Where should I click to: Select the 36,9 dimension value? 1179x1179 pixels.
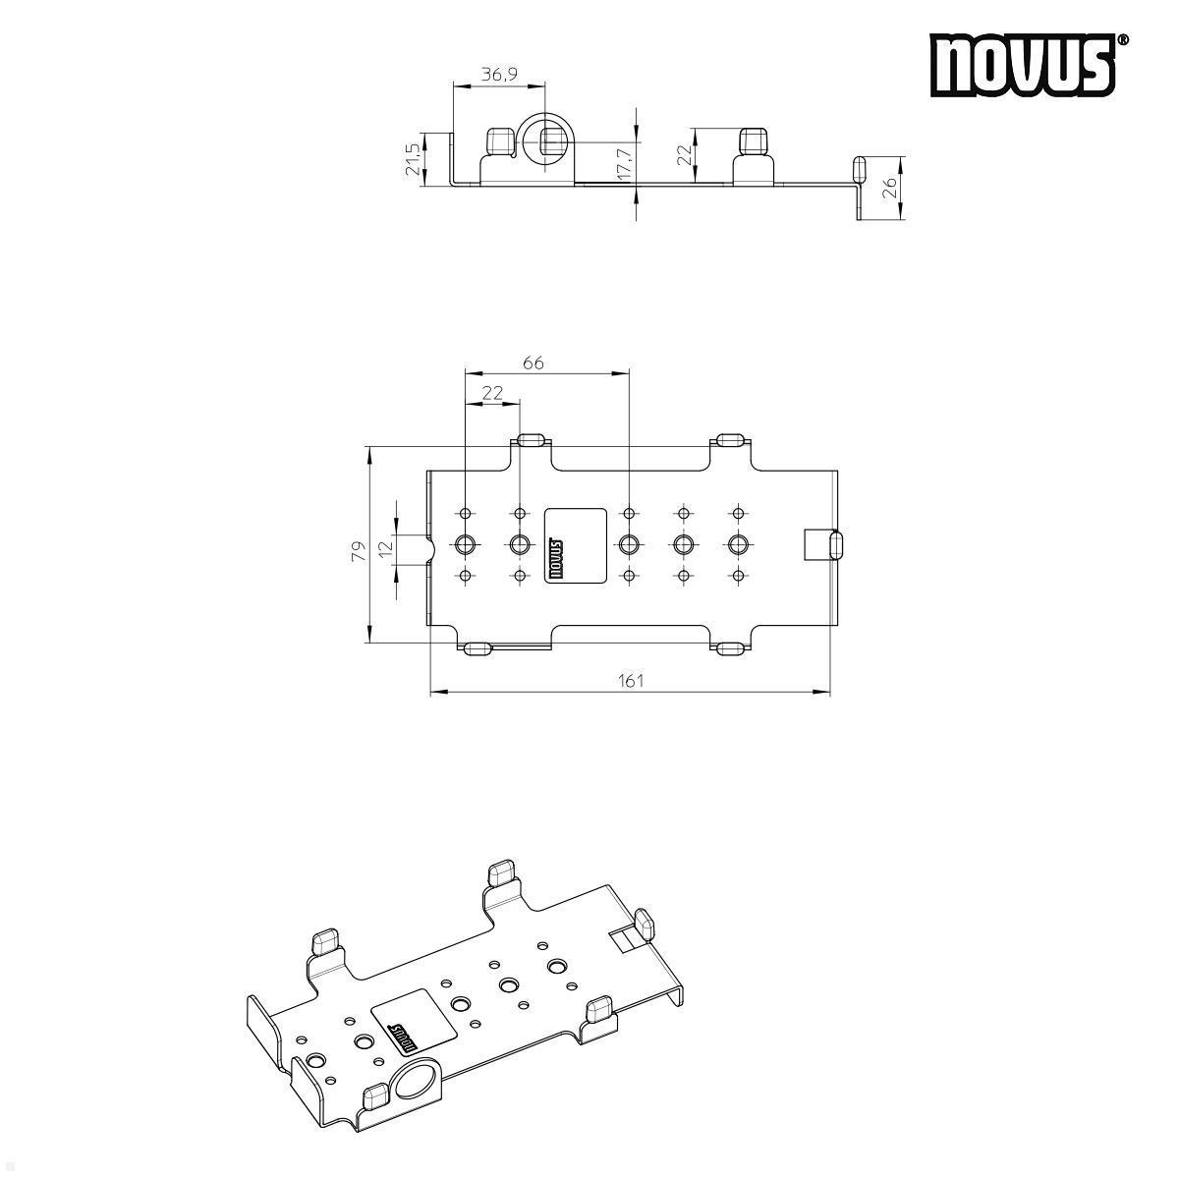pos(498,74)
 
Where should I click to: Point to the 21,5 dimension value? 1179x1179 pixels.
pos(413,158)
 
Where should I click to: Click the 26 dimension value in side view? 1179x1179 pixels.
pos(889,187)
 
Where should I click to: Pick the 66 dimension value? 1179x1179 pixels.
pos(533,363)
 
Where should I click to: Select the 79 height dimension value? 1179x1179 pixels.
pos(359,550)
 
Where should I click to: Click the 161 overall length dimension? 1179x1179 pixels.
pos(631,680)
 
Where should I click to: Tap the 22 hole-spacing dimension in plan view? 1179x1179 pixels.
pos(492,392)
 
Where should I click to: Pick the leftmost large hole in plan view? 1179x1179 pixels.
pos(466,543)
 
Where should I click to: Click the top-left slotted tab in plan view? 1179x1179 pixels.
pos(532,439)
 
